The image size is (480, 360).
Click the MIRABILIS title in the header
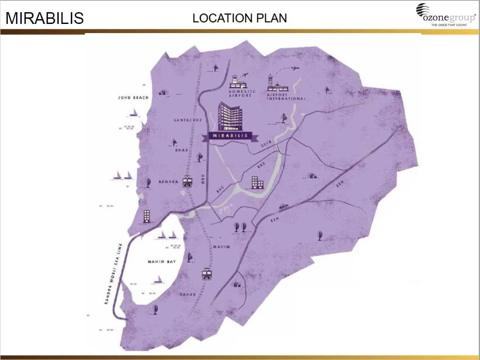tap(44, 18)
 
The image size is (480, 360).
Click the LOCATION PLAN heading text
tap(239, 18)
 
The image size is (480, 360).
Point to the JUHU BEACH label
tap(133, 98)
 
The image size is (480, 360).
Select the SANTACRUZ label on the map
tap(188, 120)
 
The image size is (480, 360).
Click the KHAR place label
tap(181, 150)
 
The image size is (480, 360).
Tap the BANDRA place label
tap(168, 182)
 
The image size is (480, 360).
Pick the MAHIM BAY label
tap(161, 262)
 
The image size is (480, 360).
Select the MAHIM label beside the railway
tap(221, 247)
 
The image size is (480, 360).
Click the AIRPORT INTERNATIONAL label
tap(286, 96)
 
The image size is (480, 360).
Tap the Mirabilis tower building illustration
tap(230, 116)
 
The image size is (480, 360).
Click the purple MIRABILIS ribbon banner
tap(230, 135)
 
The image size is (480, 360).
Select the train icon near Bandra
tap(188, 180)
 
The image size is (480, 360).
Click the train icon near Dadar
tap(207, 274)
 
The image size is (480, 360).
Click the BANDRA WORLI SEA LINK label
tap(114, 273)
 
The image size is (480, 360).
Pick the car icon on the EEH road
tap(283, 206)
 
